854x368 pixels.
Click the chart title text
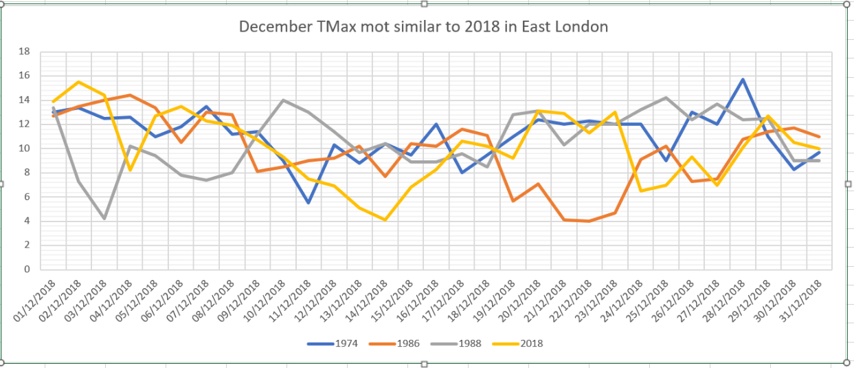point(423,28)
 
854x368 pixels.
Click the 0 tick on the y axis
point(27,270)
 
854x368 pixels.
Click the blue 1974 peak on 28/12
point(743,79)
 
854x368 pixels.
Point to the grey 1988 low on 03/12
point(104,219)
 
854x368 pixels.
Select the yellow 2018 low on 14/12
point(385,219)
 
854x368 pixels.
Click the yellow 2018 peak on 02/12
point(79,82)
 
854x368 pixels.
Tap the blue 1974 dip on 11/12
point(308,202)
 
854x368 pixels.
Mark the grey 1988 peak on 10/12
point(283,100)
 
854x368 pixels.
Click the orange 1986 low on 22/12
point(589,221)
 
